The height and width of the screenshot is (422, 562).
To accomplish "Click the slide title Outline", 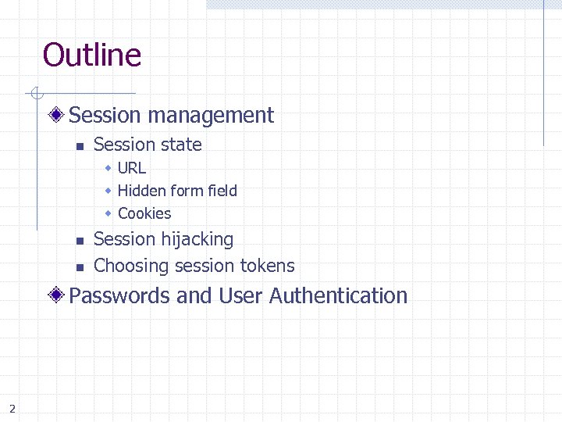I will [x=92, y=55].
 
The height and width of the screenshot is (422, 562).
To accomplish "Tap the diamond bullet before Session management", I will [x=56, y=116].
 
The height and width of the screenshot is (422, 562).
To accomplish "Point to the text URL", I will [x=132, y=168].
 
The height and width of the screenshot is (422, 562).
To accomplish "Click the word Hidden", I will [x=141, y=191].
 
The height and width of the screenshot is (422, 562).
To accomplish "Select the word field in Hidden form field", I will [x=222, y=191].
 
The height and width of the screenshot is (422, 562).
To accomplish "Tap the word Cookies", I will [x=144, y=213].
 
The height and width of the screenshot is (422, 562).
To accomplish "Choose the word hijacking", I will [x=197, y=239].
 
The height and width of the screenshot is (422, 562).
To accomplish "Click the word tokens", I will [x=269, y=266].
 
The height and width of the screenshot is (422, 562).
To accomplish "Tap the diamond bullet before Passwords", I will [x=56, y=296].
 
